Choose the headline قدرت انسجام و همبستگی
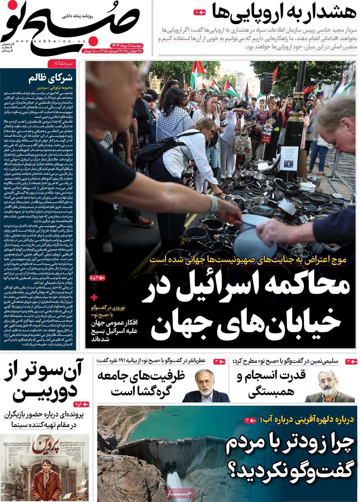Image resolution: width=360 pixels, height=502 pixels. pyautogui.click(x=274, y=384)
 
